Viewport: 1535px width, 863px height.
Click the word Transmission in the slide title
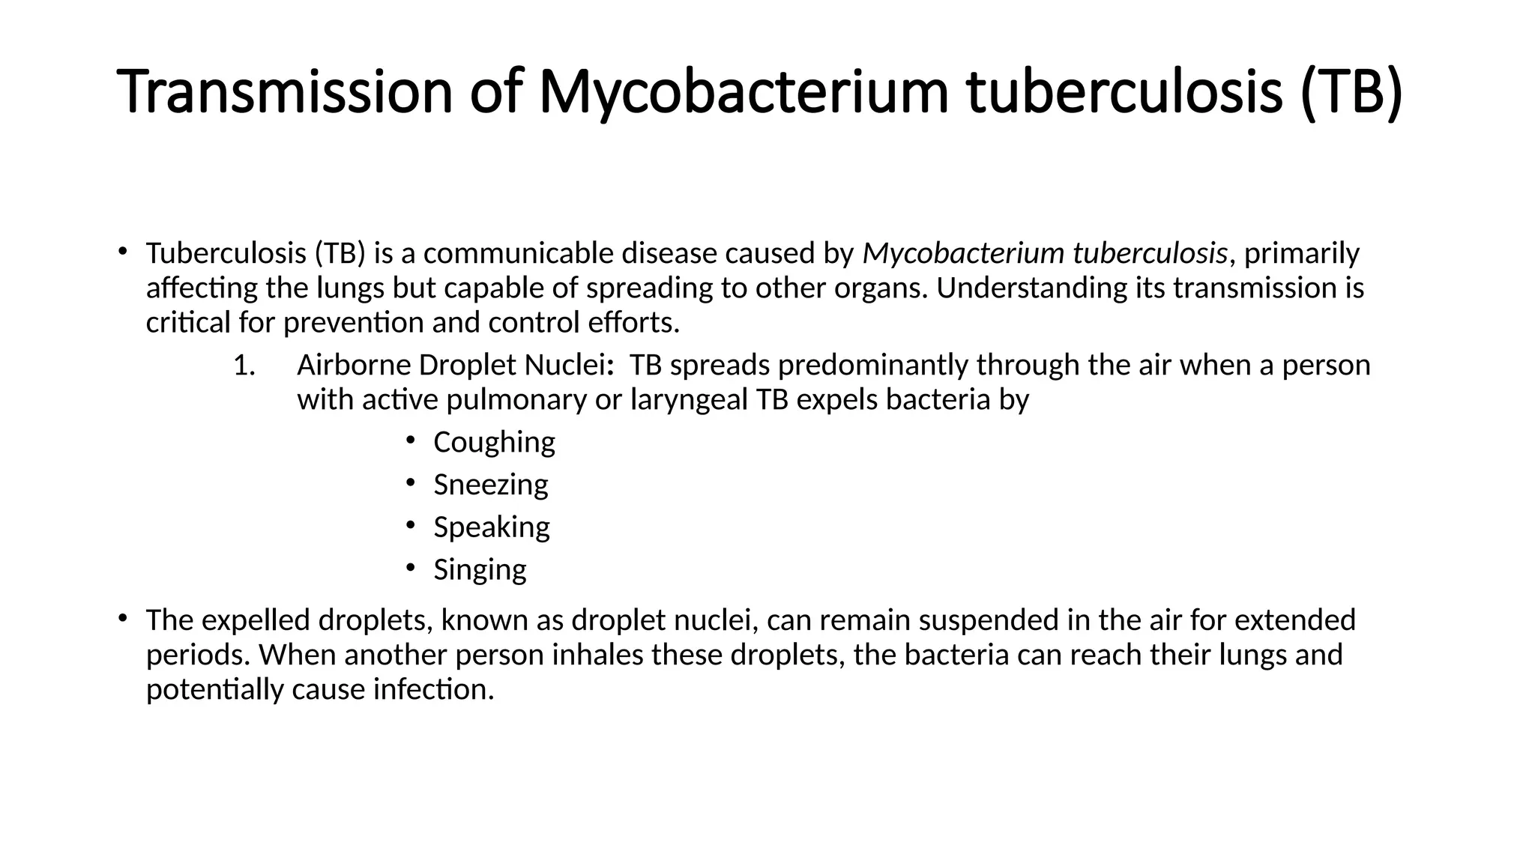[285, 92]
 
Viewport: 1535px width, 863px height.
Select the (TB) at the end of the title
[1351, 92]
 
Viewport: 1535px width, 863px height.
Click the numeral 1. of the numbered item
[244, 366]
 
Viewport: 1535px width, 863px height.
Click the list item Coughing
[494, 442]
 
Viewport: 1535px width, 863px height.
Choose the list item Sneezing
[490, 485]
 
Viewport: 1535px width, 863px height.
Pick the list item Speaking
[491, 527]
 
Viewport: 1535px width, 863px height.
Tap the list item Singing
[480, 570]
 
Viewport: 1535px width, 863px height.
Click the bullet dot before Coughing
[410, 440]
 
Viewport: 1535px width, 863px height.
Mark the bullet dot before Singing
[410, 567]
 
